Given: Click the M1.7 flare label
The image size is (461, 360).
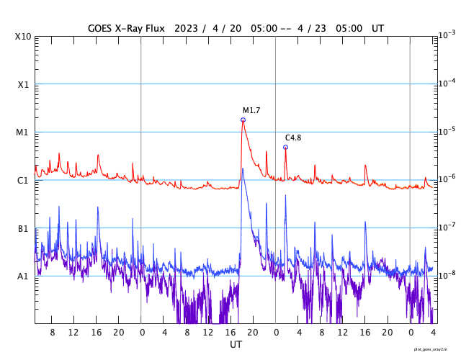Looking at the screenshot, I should click(251, 110).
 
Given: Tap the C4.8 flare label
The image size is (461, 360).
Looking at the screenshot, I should click(293, 138).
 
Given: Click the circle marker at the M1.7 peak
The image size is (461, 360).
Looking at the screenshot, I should click(243, 120).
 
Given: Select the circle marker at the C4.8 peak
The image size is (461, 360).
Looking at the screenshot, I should click(285, 147).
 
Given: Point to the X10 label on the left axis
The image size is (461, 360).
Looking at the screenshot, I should click(23, 37).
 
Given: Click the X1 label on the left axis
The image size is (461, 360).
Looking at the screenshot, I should click(23, 84).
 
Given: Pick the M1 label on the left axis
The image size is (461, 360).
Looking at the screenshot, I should click(23, 132).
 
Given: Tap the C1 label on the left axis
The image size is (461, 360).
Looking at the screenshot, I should click(23, 180).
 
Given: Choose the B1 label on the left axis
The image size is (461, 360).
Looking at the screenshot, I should click(23, 228).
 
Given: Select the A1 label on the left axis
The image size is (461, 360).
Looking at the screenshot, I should click(23, 276).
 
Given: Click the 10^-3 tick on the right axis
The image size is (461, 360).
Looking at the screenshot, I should click(447, 35).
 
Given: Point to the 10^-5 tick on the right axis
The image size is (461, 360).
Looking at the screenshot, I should click(447, 130).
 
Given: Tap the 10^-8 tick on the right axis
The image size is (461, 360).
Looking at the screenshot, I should click(447, 274).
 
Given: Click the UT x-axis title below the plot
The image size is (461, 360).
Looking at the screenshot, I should click(236, 345).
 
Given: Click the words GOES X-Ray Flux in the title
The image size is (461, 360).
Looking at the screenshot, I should click(126, 27).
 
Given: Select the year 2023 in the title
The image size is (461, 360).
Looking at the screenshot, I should click(186, 27).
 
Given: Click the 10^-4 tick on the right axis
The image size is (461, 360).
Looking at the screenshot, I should click(447, 83).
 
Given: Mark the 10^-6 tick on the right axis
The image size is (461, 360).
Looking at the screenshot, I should click(447, 179).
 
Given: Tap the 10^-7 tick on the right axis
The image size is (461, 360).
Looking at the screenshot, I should click(447, 226).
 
